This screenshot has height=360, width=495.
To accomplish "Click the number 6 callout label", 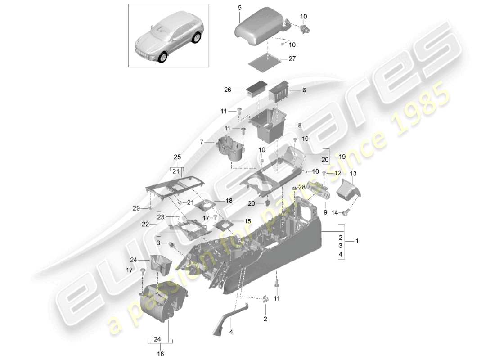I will coord(304,90).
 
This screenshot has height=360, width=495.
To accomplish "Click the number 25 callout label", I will coord(177,157).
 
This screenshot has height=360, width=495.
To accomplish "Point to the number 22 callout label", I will coord(145,224).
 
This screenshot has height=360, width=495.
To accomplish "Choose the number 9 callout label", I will coord(325,211).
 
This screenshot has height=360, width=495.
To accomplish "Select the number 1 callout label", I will coord(357,241).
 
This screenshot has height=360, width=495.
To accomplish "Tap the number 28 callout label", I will coord(301,186).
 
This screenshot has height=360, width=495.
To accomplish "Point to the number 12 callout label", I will coord(338,173).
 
